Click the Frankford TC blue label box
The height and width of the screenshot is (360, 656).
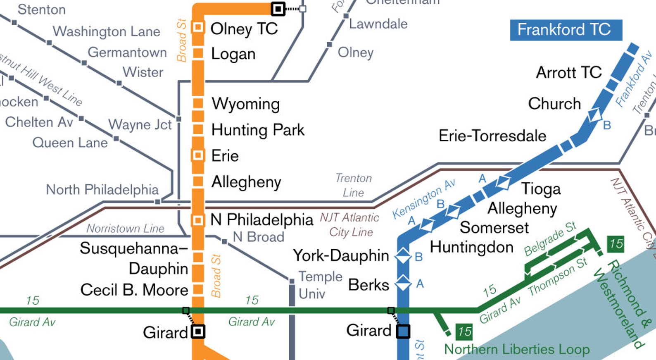tap(566, 30)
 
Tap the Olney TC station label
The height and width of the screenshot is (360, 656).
tap(244, 29)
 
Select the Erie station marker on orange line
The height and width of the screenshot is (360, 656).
tap(198, 155)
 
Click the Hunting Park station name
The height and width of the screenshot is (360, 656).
tap(258, 130)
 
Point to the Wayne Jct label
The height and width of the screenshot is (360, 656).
tap(140, 124)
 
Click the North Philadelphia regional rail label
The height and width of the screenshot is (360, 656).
tap(102, 190)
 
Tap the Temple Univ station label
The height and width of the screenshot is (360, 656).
tap(320, 285)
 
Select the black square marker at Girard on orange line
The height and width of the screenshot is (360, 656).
tap(198, 331)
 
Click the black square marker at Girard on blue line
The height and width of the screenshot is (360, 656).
tap(403, 331)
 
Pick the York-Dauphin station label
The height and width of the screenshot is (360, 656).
tap(341, 255)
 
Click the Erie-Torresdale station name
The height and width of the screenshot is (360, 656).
tap(492, 136)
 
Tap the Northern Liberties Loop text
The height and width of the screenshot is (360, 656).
tap(517, 349)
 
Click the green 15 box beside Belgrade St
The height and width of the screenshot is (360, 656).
tap(616, 244)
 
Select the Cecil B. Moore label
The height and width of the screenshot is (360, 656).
tap(134, 290)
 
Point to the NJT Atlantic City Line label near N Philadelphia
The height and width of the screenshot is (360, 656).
tap(350, 225)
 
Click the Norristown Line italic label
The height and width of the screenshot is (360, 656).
tap(125, 229)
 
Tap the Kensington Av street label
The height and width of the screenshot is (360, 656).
tap(423, 198)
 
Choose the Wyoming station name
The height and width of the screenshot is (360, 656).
tap(246, 104)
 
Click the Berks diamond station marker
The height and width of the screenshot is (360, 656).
tap(403, 284)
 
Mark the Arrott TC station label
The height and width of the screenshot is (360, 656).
tap(568, 72)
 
